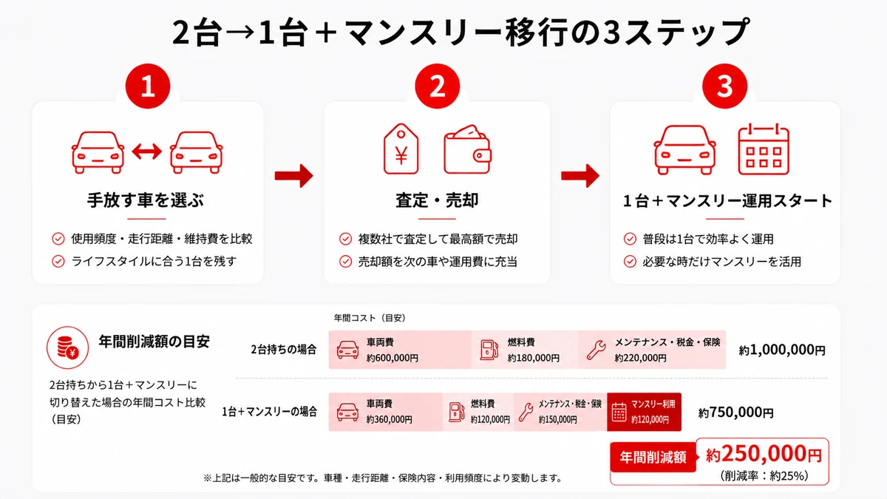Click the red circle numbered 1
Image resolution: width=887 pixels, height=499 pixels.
[148, 86]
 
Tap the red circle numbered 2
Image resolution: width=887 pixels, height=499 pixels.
[437, 86]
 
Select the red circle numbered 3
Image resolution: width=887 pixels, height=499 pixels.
[724, 86]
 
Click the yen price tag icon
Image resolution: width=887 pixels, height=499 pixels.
[401, 149]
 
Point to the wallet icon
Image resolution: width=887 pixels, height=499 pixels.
[467, 149]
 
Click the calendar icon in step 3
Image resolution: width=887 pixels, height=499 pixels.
[764, 149]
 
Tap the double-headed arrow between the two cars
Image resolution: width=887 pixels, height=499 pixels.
[147, 152]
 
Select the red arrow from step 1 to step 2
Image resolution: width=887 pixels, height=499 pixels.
[294, 175]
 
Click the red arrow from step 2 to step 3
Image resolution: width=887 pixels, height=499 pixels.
[580, 175]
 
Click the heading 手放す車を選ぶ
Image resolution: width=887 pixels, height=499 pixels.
[146, 200]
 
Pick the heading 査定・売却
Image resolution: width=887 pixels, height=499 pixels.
[437, 200]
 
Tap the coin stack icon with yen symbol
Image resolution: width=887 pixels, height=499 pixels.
[68, 347]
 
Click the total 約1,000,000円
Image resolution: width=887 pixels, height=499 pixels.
[782, 350]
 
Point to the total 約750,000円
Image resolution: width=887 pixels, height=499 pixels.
[735, 413]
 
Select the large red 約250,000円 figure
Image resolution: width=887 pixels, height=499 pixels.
[764, 454]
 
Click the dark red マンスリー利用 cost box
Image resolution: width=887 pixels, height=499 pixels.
[644, 412]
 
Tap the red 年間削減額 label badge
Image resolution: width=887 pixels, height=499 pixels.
[653, 457]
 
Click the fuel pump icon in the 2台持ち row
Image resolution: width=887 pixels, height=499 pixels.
[489, 350]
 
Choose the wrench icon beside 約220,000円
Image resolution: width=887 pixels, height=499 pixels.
[596, 350]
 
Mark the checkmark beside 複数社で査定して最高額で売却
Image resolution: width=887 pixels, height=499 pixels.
[345, 239]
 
